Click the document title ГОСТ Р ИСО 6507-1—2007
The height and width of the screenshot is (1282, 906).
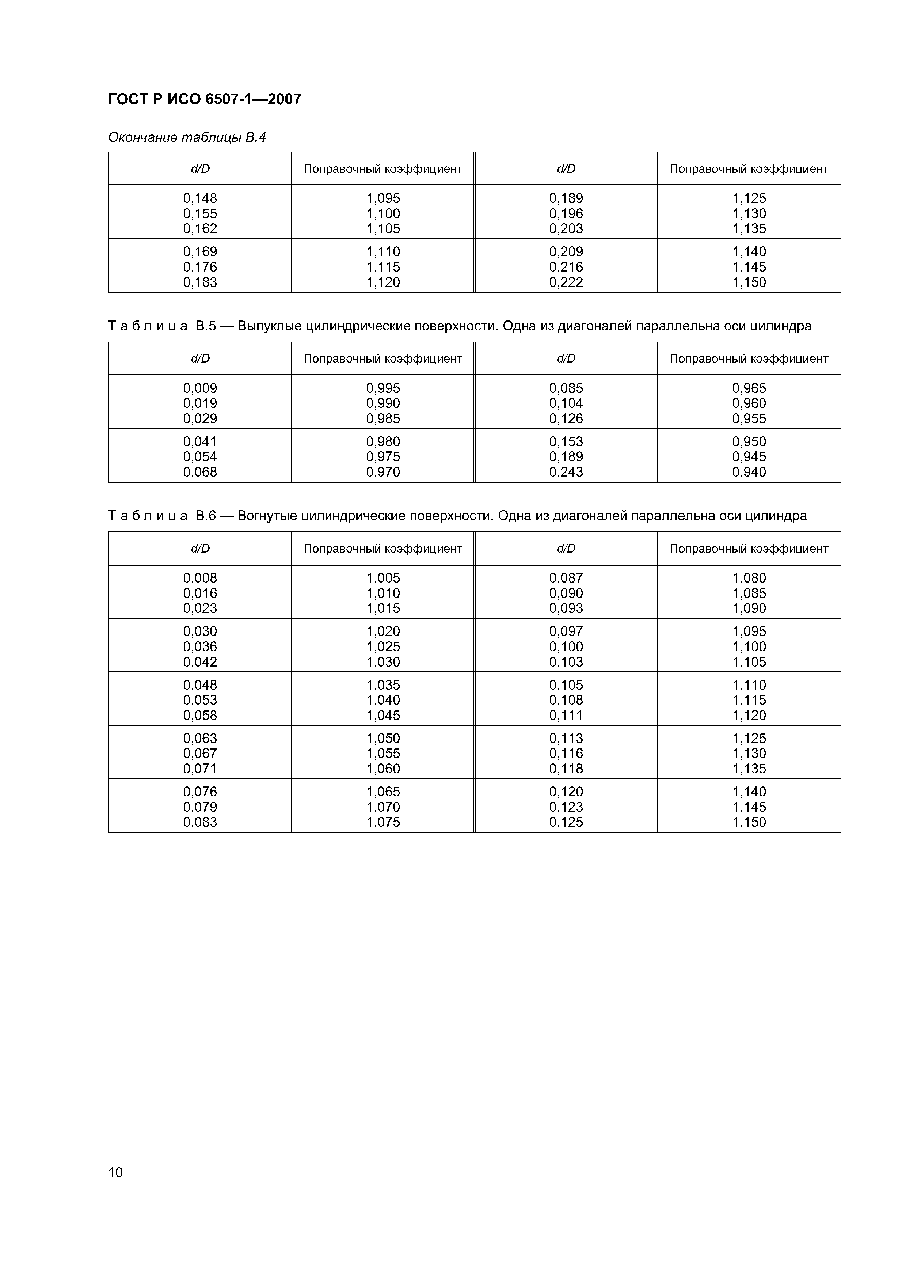(x=204, y=99)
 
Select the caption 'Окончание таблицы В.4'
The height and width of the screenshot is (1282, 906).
(x=187, y=137)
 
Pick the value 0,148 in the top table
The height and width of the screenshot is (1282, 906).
(x=200, y=198)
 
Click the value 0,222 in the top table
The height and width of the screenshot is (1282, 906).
(x=566, y=282)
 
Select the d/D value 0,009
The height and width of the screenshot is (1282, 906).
(x=200, y=388)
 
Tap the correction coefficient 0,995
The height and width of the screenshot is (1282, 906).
(x=383, y=388)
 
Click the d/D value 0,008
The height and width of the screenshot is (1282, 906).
(x=200, y=578)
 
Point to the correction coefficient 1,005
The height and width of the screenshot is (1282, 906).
(x=383, y=578)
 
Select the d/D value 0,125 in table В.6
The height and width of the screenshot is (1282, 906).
(x=566, y=822)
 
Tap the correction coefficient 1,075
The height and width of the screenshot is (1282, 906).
(x=383, y=822)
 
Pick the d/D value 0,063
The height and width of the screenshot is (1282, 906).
(x=200, y=738)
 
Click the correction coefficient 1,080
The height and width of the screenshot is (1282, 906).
(x=749, y=578)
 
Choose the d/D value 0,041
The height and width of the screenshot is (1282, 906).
(x=200, y=442)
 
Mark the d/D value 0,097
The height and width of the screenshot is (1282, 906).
(x=566, y=631)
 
